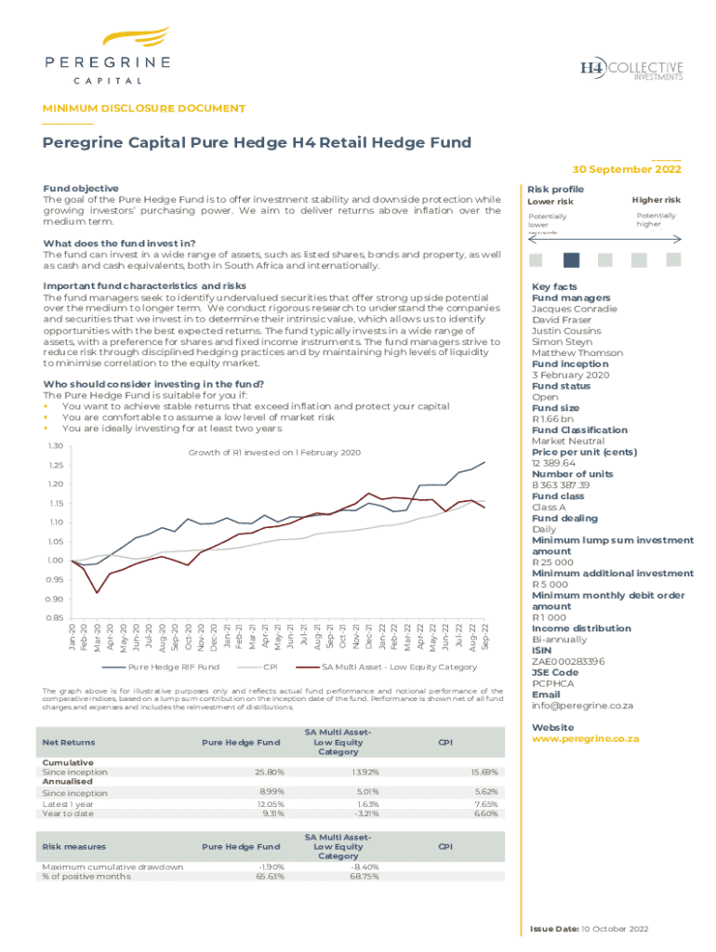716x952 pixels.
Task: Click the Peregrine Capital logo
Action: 107,56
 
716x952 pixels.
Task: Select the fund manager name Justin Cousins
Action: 566,331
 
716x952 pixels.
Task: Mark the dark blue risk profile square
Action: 572,260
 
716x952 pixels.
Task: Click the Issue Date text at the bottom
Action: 588,929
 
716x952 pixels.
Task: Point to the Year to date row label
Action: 69,813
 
